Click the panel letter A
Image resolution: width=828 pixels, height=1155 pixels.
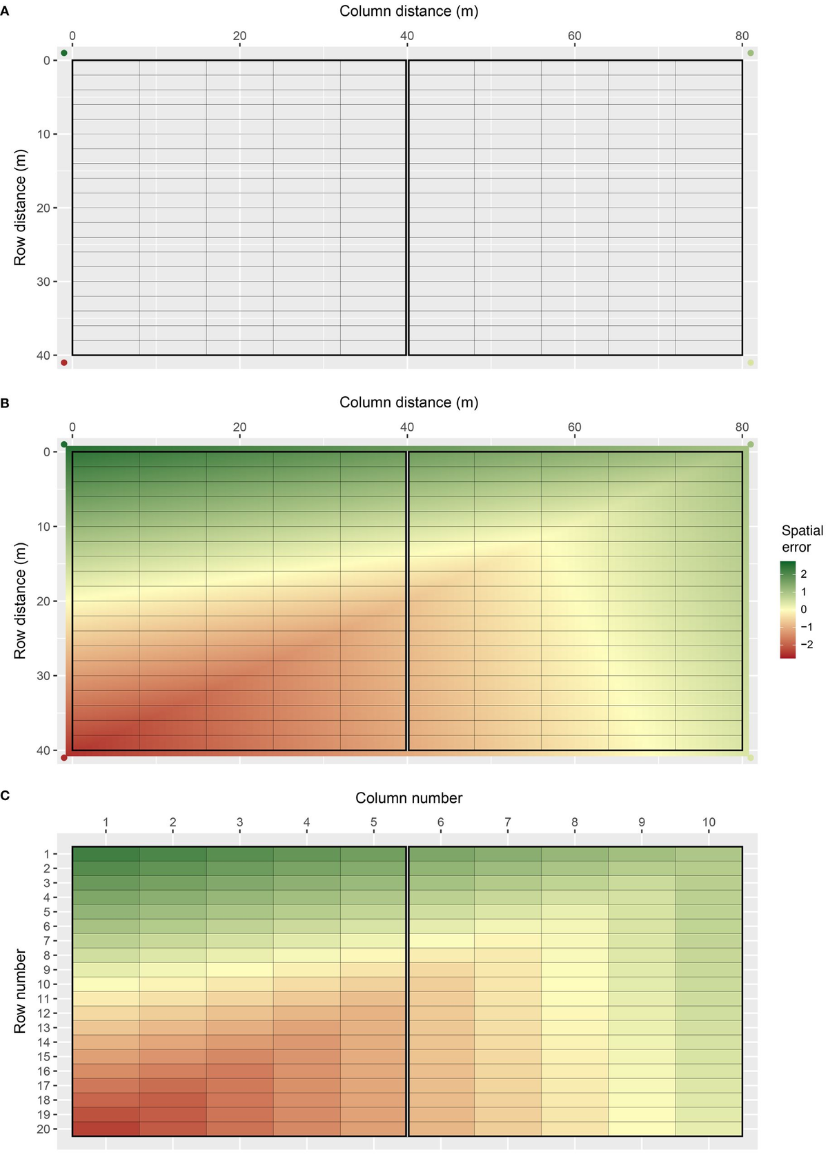5,12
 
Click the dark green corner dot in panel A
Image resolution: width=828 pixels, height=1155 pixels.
64,53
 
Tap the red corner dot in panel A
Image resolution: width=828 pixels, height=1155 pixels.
64,362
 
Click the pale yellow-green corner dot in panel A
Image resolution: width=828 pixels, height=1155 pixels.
751,362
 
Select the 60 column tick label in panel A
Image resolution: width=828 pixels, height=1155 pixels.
574,36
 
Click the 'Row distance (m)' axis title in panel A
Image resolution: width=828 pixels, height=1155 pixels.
20,207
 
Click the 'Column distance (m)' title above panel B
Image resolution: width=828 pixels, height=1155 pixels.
408,402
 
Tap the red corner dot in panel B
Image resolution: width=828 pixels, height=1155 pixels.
64,757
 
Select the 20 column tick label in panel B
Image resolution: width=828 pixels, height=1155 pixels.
239,427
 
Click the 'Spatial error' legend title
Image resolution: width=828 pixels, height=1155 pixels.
802,538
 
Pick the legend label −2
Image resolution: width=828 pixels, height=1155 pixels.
806,645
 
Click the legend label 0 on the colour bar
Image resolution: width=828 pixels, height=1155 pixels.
804,610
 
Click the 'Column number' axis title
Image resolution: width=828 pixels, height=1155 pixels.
408,798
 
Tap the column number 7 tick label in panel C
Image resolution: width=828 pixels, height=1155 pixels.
507,822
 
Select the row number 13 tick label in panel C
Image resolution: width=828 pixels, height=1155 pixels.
43,1028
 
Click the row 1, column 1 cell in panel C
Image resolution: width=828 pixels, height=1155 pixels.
106,853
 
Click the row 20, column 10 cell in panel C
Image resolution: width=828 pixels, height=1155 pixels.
709,1129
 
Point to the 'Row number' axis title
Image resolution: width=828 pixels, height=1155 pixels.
20,991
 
